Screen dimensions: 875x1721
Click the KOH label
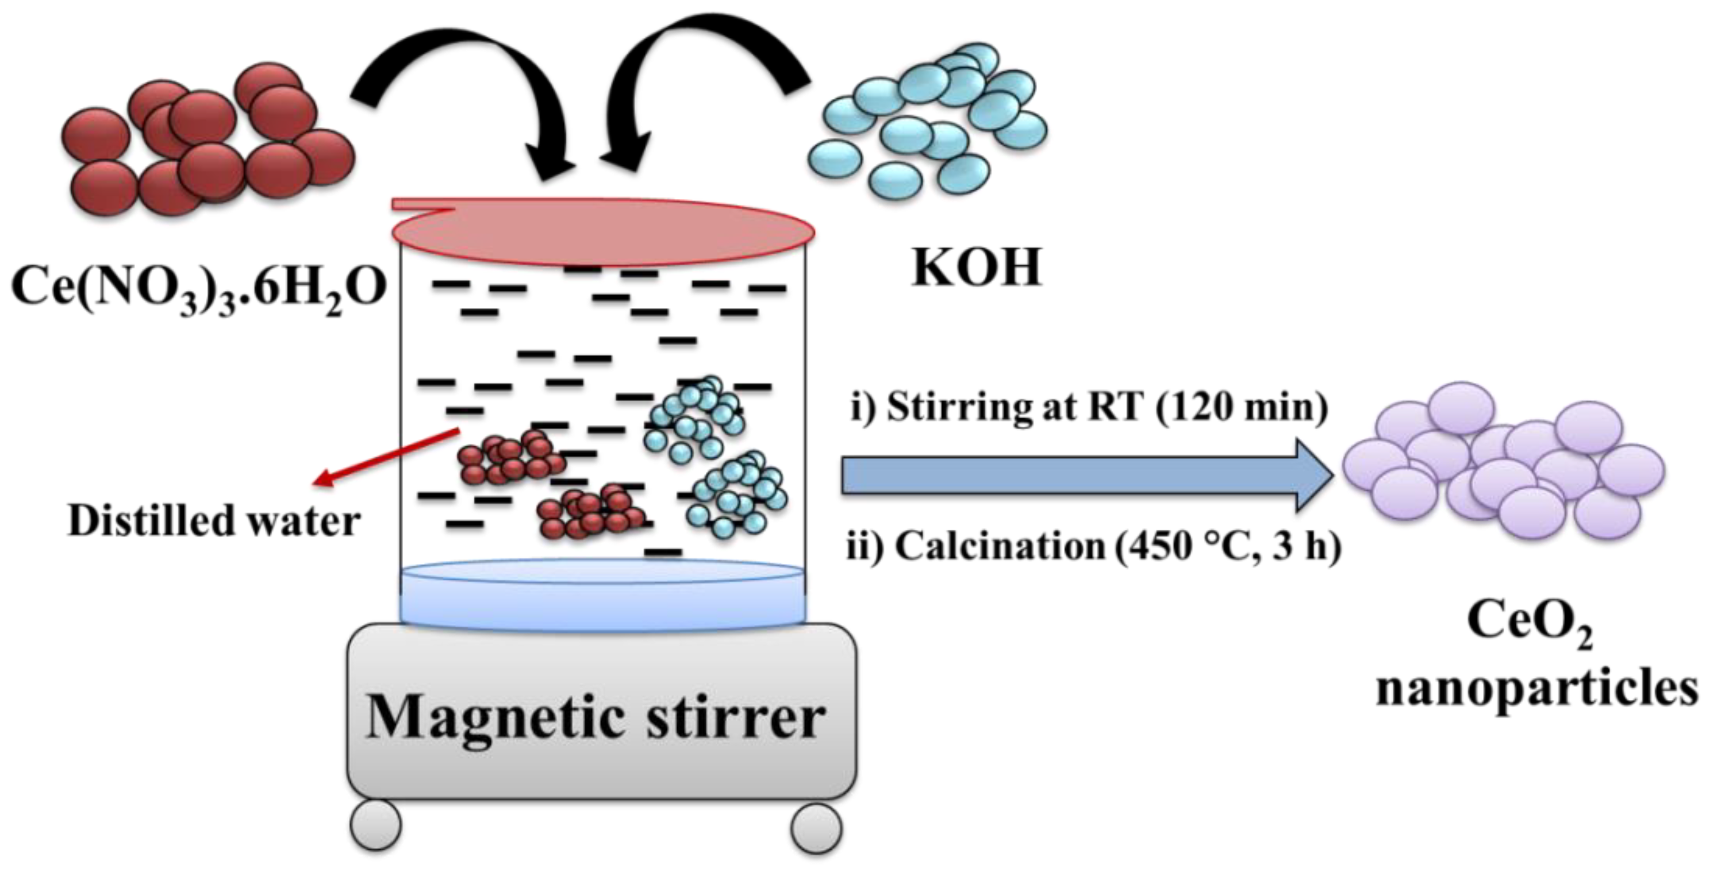(x=976, y=269)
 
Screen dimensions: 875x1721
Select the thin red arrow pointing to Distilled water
(x=387, y=455)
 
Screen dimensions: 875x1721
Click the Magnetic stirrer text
(x=596, y=718)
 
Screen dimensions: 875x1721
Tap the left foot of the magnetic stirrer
(x=375, y=826)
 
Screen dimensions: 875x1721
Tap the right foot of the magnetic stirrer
(x=816, y=828)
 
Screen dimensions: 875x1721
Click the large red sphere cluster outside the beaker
(x=207, y=140)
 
